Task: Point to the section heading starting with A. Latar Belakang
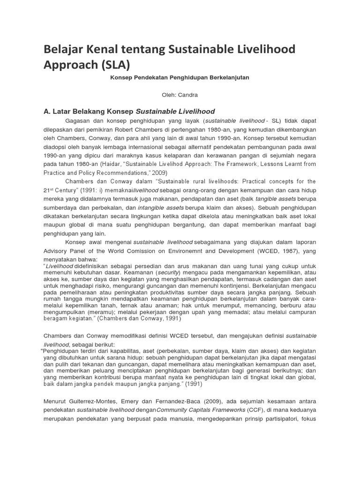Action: [x=129, y=111]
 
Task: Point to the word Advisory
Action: [x=56, y=251]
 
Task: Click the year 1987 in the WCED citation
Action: [x=278, y=251]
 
